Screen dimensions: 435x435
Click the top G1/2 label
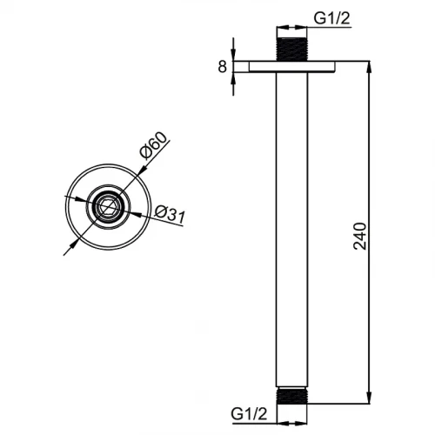point(332,18)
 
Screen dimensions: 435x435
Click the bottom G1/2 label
point(249,413)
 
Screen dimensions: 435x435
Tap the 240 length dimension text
point(360,236)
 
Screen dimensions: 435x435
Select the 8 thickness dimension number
point(222,67)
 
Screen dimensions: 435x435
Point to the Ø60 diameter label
point(154,145)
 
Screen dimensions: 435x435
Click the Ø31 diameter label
point(170,215)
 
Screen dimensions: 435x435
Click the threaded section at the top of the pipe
point(292,50)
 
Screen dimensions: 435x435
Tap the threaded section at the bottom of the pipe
point(291,396)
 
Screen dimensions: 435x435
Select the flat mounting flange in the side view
point(292,67)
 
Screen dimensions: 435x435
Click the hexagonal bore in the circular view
point(108,207)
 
